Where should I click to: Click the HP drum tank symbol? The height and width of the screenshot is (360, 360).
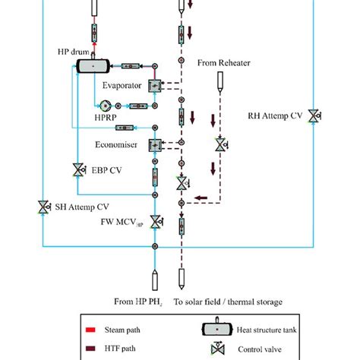pos(93,66)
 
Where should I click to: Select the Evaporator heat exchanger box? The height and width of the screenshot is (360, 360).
pos(155,86)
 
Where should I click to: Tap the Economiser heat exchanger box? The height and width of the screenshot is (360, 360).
pos(155,145)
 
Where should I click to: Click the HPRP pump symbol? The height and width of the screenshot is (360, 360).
pos(106,106)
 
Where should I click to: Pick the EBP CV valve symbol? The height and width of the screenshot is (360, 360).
pos(79,169)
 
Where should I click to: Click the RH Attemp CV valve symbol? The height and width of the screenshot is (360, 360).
pos(314,116)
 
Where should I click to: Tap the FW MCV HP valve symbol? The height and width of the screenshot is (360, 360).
pos(156,222)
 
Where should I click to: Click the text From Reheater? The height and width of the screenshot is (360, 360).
pos(224,63)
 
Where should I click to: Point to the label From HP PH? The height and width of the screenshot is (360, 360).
pos(138,302)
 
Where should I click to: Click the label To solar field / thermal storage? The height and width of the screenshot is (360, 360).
pos(228,302)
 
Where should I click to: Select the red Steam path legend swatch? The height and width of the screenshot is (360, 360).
pos(90,330)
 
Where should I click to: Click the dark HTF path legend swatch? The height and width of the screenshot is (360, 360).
pos(90,349)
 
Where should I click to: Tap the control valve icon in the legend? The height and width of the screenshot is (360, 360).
pos(218,348)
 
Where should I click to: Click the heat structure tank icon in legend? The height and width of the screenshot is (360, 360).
pos(217,329)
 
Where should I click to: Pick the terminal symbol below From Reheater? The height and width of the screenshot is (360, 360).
pos(220,82)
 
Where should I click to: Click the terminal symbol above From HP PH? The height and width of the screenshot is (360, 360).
pos(155,279)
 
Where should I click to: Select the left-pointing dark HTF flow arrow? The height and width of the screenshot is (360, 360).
pos(201,197)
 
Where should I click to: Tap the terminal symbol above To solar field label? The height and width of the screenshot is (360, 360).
pos(182,279)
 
